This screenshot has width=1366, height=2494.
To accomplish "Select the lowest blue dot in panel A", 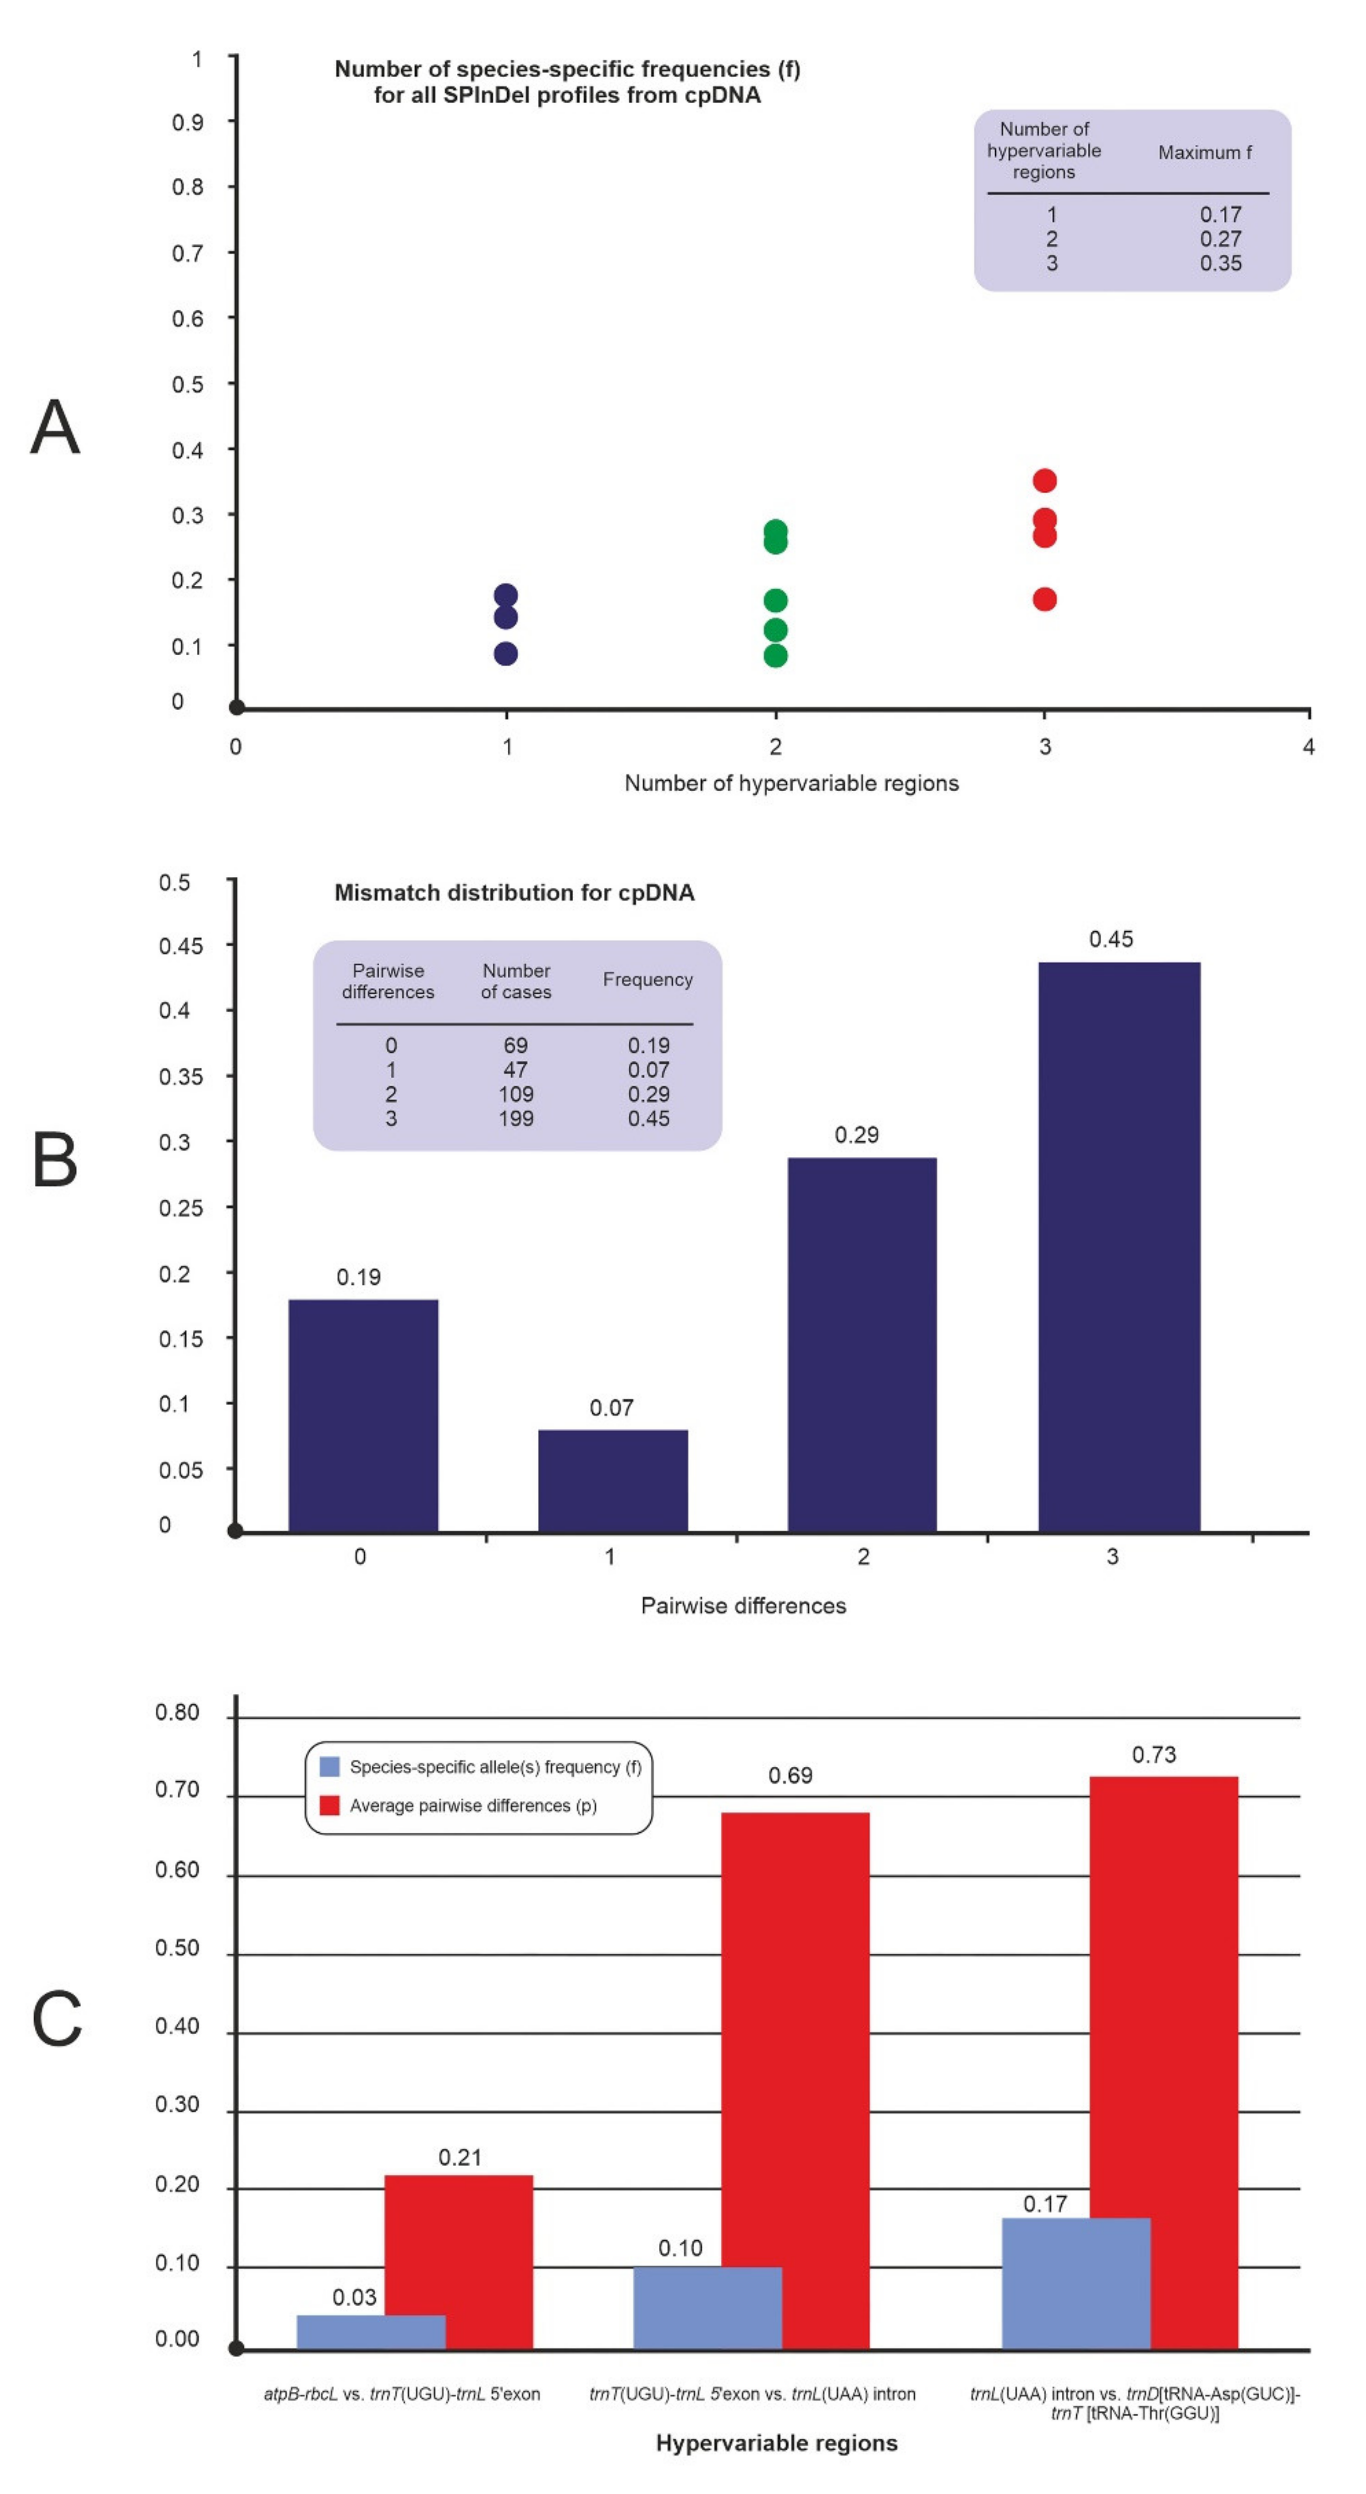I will (505, 654).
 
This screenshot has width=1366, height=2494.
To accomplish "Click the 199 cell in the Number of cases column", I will (515, 1118).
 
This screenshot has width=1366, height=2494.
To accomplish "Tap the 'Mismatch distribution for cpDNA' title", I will (514, 892).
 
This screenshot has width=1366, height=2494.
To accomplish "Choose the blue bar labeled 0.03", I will (371, 2331).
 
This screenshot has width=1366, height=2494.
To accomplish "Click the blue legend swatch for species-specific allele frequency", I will (329, 1767).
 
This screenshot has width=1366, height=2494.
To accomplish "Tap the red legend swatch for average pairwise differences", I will (329, 1806).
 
